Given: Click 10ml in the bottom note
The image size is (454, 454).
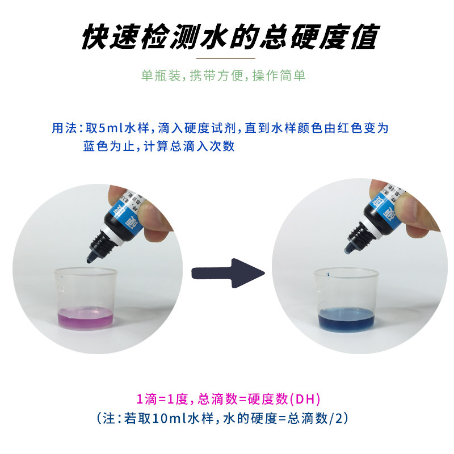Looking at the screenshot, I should click(161, 418).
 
